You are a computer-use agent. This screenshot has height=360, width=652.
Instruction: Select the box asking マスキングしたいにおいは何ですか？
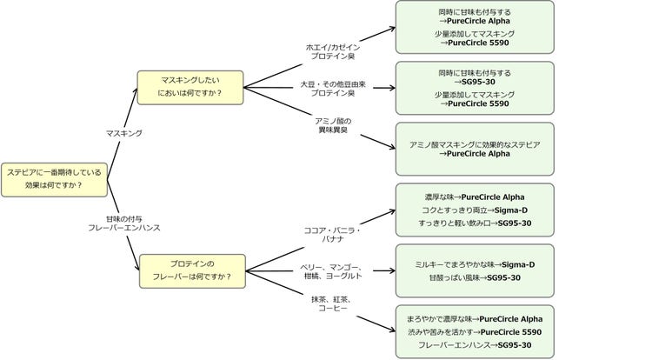click(x=190, y=87)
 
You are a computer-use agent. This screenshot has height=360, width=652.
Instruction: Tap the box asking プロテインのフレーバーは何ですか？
click(x=192, y=270)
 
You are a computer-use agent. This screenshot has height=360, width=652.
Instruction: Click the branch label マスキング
click(x=124, y=133)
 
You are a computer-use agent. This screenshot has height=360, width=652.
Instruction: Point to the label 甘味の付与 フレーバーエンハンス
click(x=124, y=222)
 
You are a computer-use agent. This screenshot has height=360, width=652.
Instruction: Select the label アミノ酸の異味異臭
click(x=331, y=124)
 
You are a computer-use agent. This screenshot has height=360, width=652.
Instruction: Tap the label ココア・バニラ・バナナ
click(x=331, y=234)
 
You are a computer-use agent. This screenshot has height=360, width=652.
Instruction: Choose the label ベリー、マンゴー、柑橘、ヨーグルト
click(x=331, y=271)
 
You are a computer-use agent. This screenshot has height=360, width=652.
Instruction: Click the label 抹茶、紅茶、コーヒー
click(x=331, y=303)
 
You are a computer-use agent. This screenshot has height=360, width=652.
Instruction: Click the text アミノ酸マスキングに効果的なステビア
click(x=475, y=143)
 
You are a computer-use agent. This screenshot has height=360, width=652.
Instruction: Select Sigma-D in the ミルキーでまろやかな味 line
click(x=519, y=263)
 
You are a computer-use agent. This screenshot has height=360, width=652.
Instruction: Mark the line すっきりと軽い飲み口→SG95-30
click(x=475, y=223)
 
